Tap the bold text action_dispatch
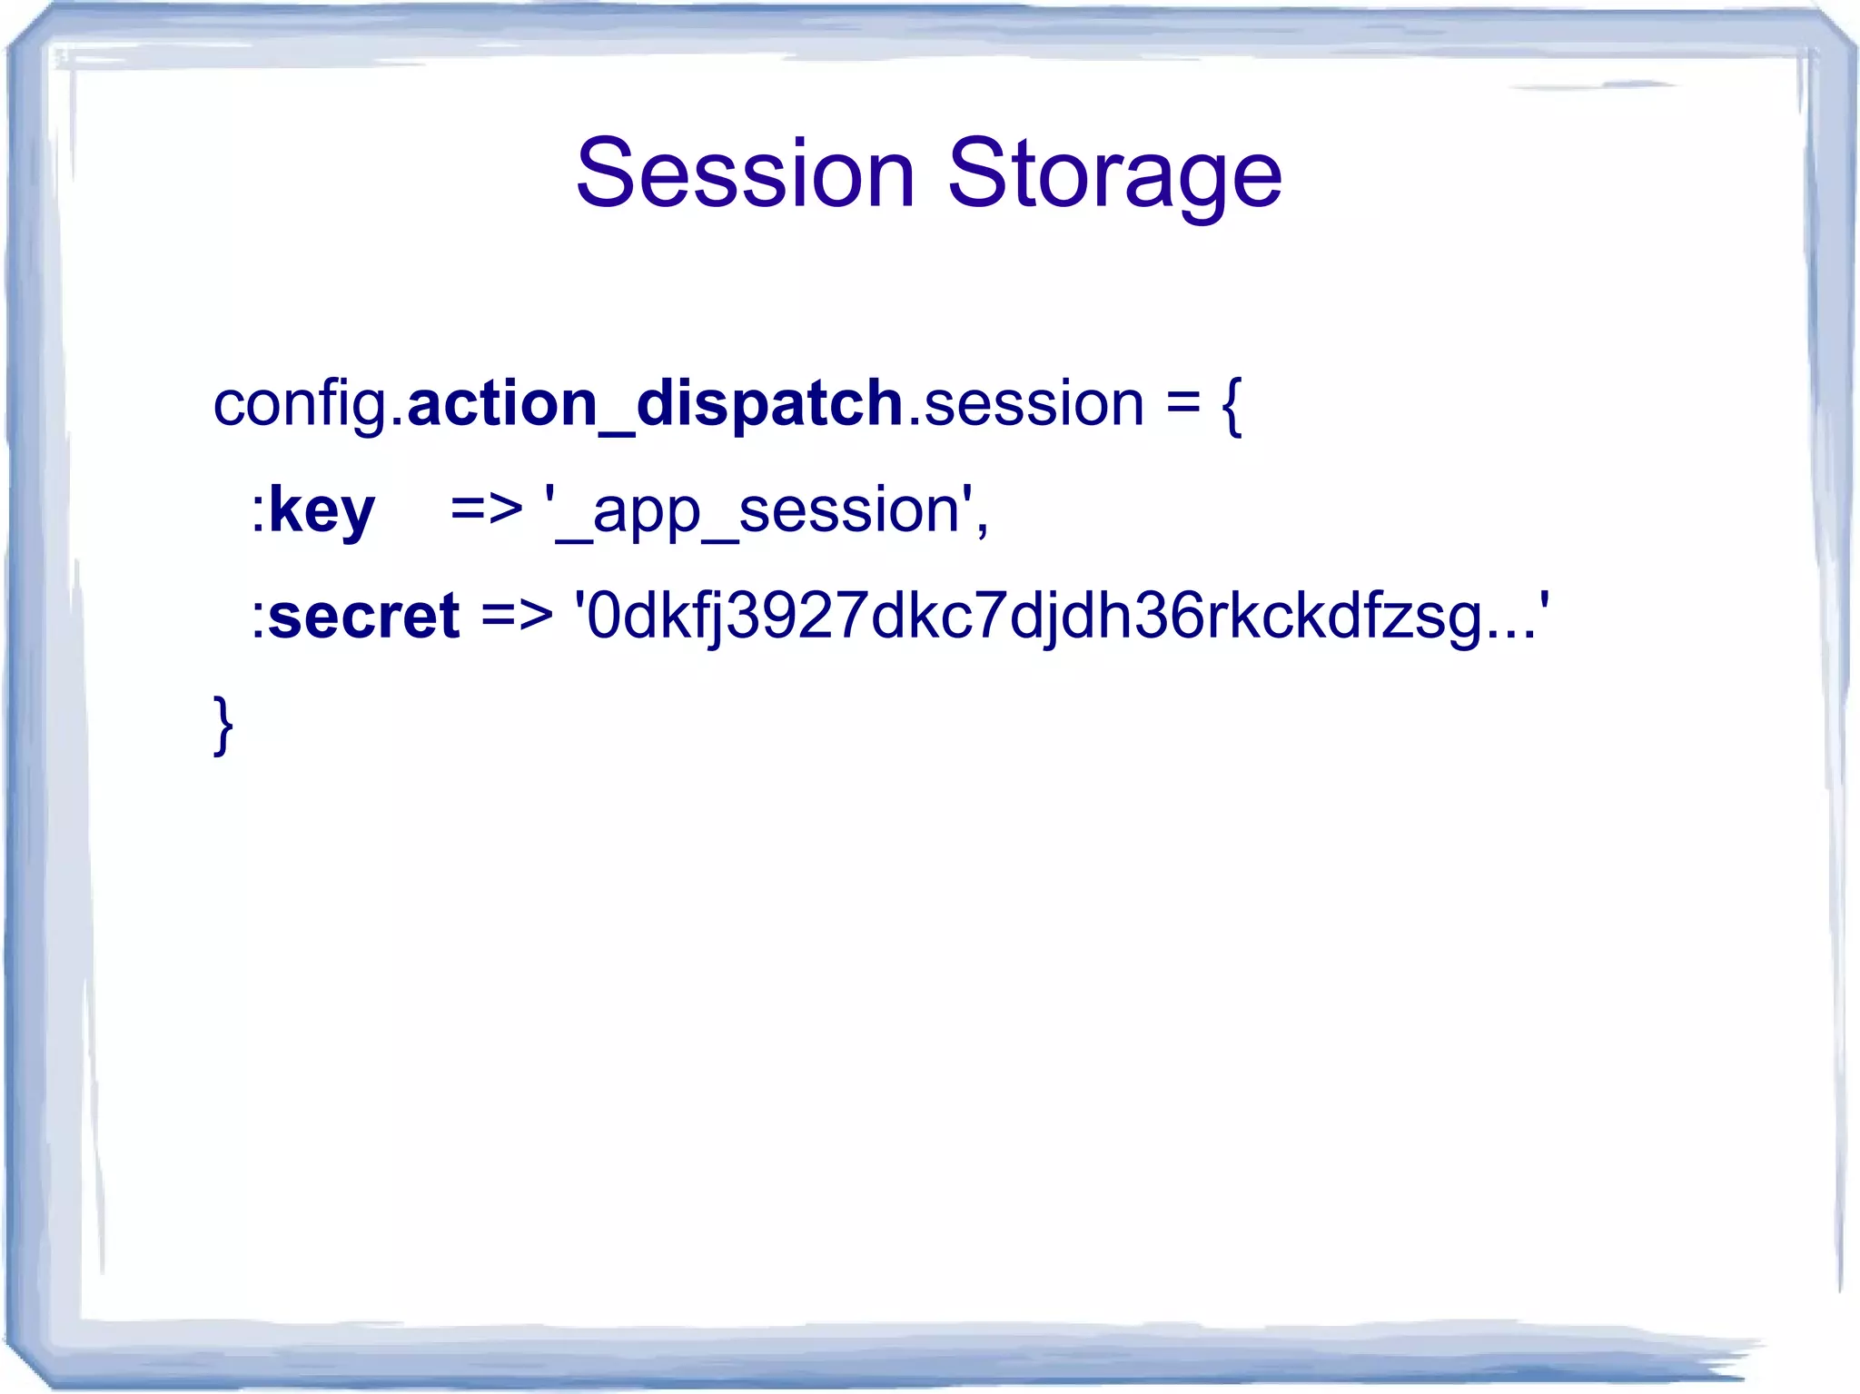coord(654,404)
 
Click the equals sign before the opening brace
coord(1183,404)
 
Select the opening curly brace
coord(1232,406)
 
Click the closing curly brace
coord(223,724)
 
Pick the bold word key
coord(322,511)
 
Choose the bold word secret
coord(364,616)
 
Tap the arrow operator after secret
coord(517,616)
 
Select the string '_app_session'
coord(757,511)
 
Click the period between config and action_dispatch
coord(397,421)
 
